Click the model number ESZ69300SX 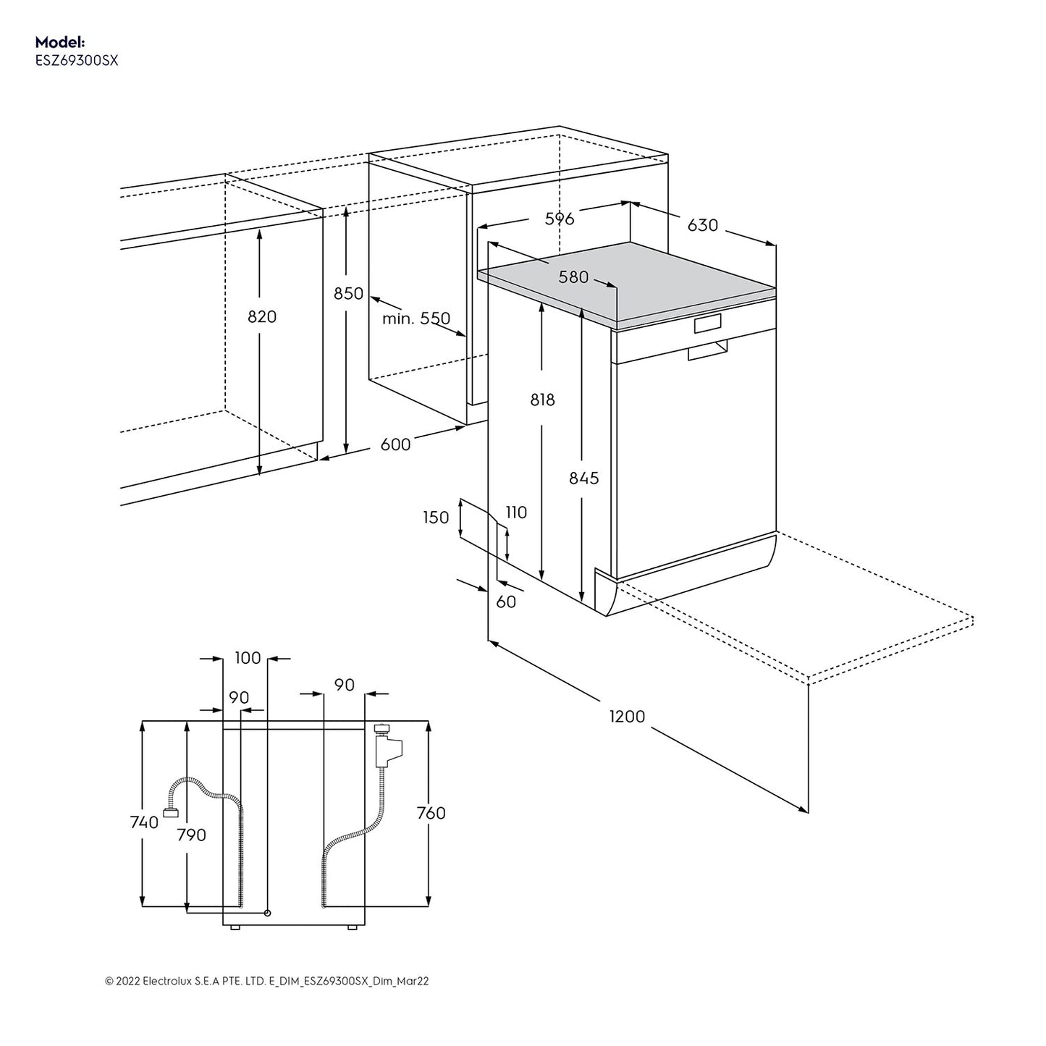tap(77, 62)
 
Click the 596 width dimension tap(559, 219)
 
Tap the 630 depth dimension tap(702, 225)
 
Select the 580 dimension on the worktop tap(573, 277)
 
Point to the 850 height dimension tap(348, 293)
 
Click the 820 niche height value tap(262, 316)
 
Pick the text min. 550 tap(416, 319)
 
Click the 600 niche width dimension tap(395, 444)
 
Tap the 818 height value tap(542, 400)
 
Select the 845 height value tap(583, 478)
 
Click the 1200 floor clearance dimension tap(627, 716)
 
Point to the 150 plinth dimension tap(436, 518)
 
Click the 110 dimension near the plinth tap(515, 513)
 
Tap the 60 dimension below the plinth tap(506, 602)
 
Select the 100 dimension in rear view tap(248, 658)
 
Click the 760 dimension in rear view tap(431, 813)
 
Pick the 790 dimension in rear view tap(192, 835)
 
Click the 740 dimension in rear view tap(144, 822)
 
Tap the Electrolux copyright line tap(267, 981)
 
